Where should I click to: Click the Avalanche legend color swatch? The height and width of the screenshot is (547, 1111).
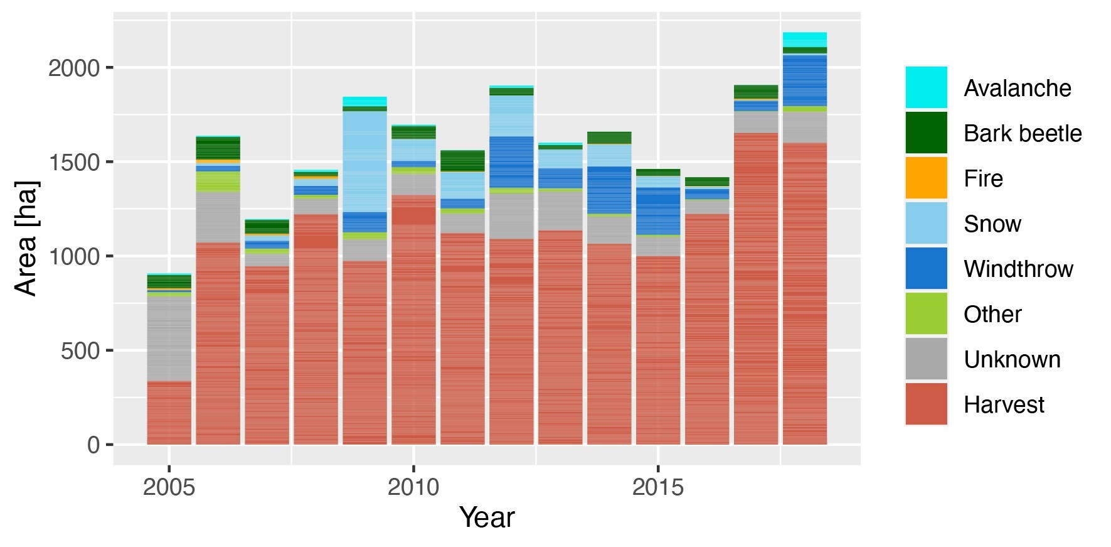coord(926,87)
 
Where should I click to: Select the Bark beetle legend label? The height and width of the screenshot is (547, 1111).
coord(1022,133)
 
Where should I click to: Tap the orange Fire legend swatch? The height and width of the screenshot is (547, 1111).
coord(926,178)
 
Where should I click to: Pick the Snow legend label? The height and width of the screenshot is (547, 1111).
coord(992,224)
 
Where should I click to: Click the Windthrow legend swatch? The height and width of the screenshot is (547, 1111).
coord(926,268)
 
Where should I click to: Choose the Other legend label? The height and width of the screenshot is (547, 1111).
coord(992,314)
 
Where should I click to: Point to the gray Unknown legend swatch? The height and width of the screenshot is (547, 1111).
coord(926,359)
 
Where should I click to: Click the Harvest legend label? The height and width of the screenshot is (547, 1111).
coord(1003,404)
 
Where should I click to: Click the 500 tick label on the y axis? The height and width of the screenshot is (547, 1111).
coord(80,350)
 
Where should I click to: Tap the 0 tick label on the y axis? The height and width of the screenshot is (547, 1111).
coord(93,445)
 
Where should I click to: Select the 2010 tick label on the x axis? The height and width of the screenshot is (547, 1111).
coord(413,487)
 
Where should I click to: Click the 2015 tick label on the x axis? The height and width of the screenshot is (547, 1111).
coord(657,487)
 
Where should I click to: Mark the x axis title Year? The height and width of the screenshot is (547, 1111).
coord(487,518)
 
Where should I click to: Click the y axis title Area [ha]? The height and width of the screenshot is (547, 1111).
coord(26,239)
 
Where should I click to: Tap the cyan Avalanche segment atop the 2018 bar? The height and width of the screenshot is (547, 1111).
coord(805,39)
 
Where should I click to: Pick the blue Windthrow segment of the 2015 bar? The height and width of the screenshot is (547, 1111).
coord(657,210)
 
